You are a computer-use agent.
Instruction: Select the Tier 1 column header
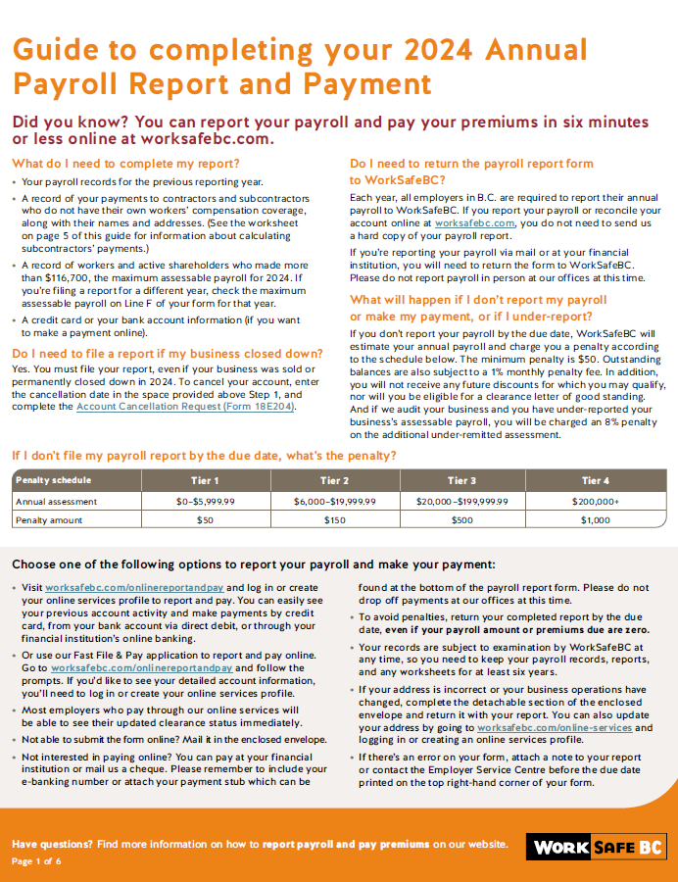click(x=204, y=480)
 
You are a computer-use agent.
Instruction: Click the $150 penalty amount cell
click(x=334, y=519)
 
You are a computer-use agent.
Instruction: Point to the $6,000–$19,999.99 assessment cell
click(x=334, y=501)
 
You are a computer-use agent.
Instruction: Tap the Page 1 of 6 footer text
click(x=36, y=860)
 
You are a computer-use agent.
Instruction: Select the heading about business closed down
click(x=167, y=353)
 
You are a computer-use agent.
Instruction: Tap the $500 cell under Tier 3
click(x=462, y=519)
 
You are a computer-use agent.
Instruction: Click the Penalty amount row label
click(x=48, y=519)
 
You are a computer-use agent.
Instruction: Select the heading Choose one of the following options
click(x=254, y=564)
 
